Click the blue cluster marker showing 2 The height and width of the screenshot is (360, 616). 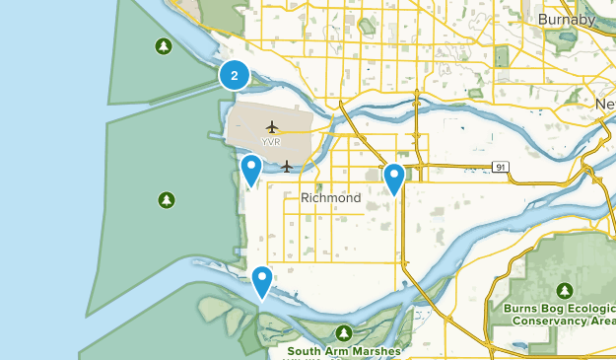pyautogui.click(x=234, y=75)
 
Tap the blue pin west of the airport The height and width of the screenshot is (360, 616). pyautogui.click(x=251, y=170)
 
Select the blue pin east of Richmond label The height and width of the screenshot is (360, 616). pyautogui.click(x=394, y=179)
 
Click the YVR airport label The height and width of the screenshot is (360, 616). pyautogui.click(x=271, y=142)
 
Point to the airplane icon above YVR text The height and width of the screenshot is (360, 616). pyautogui.click(x=272, y=126)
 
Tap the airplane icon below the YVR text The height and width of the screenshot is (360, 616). pyautogui.click(x=287, y=165)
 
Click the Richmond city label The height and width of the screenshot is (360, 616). pyautogui.click(x=330, y=198)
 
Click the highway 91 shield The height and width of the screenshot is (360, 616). pyautogui.click(x=503, y=168)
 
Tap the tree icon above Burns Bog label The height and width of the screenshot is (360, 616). pyautogui.click(x=565, y=290)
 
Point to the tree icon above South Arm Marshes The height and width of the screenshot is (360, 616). pyautogui.click(x=343, y=333)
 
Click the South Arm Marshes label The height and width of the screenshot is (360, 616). pyautogui.click(x=344, y=350)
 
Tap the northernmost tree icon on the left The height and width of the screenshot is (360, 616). pyautogui.click(x=163, y=46)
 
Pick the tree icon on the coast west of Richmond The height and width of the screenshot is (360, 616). pyautogui.click(x=167, y=200)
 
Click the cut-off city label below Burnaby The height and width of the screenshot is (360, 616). pyautogui.click(x=604, y=104)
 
